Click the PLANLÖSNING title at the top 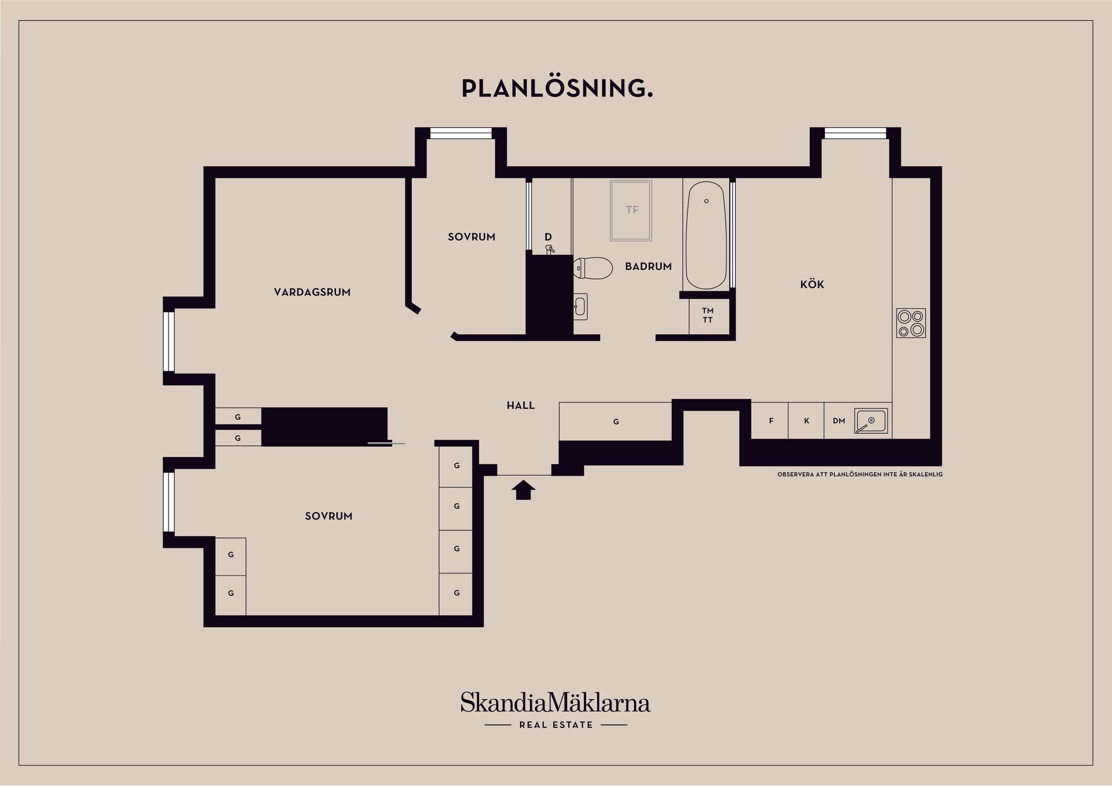pyautogui.click(x=557, y=89)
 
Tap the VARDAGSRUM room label pyautogui.click(x=312, y=293)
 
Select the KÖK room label pyautogui.click(x=812, y=284)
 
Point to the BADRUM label pyautogui.click(x=648, y=266)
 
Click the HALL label pyautogui.click(x=521, y=405)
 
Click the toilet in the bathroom pyautogui.click(x=593, y=268)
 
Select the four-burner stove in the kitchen pyautogui.click(x=910, y=323)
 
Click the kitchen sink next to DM pyautogui.click(x=870, y=421)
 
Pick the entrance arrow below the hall pyautogui.click(x=523, y=490)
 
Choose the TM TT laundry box pyautogui.click(x=708, y=316)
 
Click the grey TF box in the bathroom pyautogui.click(x=631, y=210)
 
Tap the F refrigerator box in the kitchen pyautogui.click(x=771, y=421)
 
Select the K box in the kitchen pyautogui.click(x=806, y=421)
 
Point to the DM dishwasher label pyautogui.click(x=839, y=421)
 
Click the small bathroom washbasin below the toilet pyautogui.click(x=580, y=306)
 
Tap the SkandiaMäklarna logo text pyautogui.click(x=555, y=703)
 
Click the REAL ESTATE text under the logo pyautogui.click(x=556, y=725)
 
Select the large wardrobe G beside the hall pyautogui.click(x=616, y=422)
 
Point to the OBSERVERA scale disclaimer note pyautogui.click(x=859, y=474)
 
